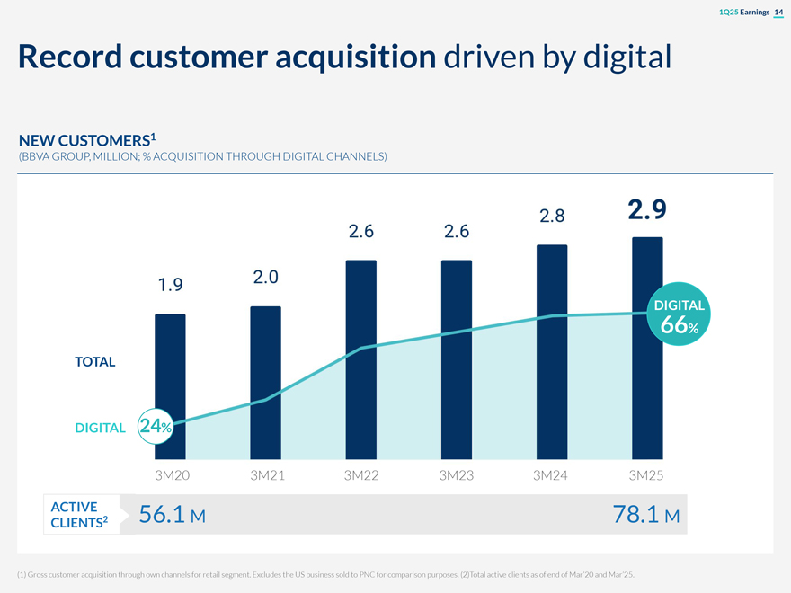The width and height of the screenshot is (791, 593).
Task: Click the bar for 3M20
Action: (x=170, y=386)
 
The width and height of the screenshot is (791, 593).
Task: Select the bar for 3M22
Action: (x=360, y=359)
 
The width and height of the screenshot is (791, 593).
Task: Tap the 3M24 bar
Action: (x=552, y=351)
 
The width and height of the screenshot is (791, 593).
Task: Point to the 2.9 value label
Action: (x=647, y=210)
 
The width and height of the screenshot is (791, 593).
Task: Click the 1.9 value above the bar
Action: (x=170, y=286)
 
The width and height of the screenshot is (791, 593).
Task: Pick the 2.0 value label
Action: (x=265, y=277)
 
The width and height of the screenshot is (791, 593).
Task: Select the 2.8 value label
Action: (x=552, y=216)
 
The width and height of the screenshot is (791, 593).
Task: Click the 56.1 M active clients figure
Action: (x=173, y=515)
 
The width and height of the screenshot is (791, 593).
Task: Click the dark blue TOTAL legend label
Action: (x=94, y=361)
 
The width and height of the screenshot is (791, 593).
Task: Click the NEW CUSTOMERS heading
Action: (x=87, y=141)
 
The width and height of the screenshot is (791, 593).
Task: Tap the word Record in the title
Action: (x=69, y=58)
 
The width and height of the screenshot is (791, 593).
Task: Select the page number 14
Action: (x=778, y=11)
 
